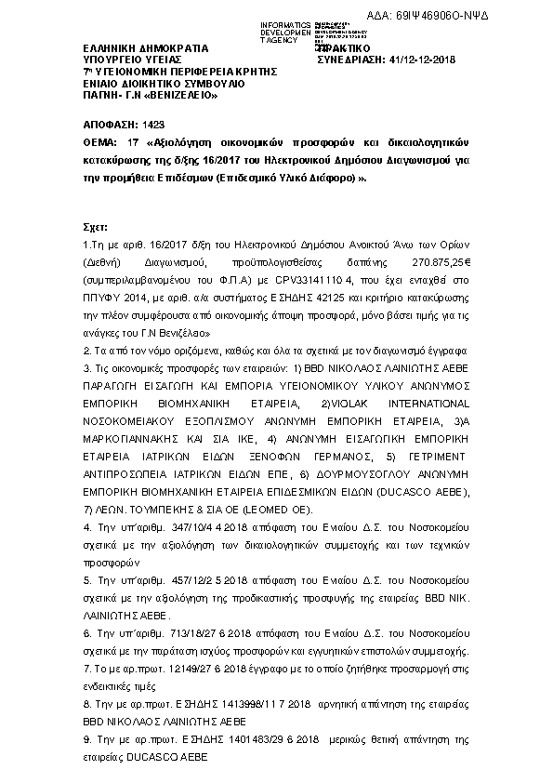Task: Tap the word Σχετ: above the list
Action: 94,226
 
